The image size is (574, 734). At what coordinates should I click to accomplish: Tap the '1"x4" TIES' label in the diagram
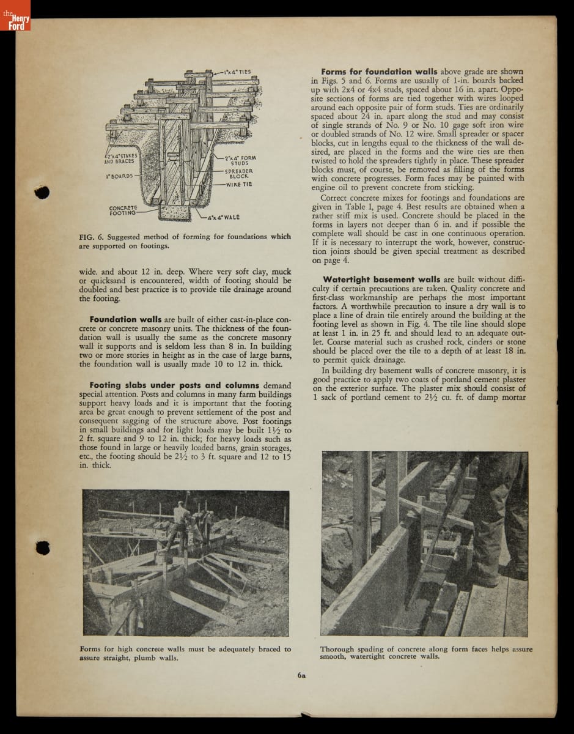click(236, 72)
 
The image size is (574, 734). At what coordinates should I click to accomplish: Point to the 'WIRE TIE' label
click(239, 184)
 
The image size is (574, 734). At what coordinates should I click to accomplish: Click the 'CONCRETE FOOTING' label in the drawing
click(123, 210)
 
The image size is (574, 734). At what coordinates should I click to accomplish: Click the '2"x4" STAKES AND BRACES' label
click(119, 159)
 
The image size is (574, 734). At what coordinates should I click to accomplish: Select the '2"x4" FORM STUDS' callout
click(240, 160)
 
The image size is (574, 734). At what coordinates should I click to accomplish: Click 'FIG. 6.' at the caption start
click(90, 237)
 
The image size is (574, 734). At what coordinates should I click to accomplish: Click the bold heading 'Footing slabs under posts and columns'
click(174, 385)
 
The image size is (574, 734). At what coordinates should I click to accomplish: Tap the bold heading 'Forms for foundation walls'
click(379, 72)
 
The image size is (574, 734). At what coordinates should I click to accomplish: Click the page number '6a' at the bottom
click(301, 676)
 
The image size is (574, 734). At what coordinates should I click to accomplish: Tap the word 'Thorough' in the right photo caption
click(337, 649)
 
